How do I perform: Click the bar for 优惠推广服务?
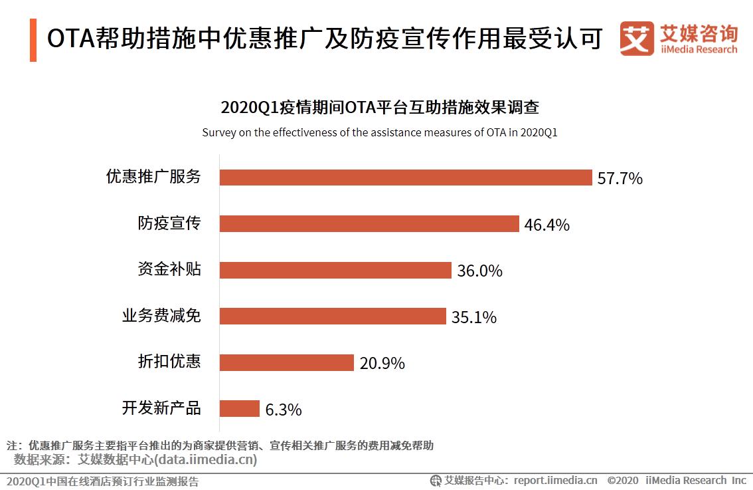tap(405, 178)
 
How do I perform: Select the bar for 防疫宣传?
tap(369, 224)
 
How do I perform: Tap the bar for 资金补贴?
tap(335, 270)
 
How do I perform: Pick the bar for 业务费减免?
tap(332, 316)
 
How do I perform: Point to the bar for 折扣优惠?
tap(286, 362)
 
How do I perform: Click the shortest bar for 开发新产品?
tap(239, 408)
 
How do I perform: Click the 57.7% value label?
tap(620, 178)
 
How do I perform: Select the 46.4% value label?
tap(546, 225)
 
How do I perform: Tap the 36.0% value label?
tap(479, 271)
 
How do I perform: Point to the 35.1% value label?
tap(473, 317)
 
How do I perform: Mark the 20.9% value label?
tap(382, 363)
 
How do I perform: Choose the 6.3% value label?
tap(284, 410)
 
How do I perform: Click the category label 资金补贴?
tap(169, 269)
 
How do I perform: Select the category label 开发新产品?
tap(161, 408)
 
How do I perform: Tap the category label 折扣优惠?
tap(169, 362)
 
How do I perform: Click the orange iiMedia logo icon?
tap(636, 39)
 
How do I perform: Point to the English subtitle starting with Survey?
tap(379, 132)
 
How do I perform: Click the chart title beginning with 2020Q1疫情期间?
tap(379, 108)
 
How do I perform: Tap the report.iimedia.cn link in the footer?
tap(555, 480)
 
